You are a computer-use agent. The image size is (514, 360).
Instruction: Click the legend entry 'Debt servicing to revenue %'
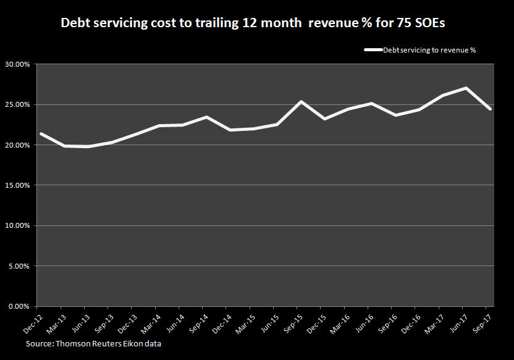tap(429, 50)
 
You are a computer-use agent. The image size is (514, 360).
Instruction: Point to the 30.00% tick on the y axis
tap(18, 64)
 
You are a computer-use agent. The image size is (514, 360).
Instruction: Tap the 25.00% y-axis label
tap(18, 105)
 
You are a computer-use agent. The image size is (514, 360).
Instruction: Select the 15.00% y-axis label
tap(18, 185)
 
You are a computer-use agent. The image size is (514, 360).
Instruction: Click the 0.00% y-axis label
tap(19, 306)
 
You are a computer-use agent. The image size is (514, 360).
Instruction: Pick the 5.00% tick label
tap(19, 266)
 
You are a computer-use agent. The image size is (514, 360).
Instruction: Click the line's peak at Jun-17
tap(466, 88)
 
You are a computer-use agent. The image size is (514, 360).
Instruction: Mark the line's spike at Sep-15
tap(299, 102)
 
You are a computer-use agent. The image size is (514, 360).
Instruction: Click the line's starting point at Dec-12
tap(40, 133)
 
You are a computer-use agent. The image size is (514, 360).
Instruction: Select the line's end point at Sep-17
tap(490, 109)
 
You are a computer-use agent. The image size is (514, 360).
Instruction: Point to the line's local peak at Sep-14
tap(205, 117)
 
